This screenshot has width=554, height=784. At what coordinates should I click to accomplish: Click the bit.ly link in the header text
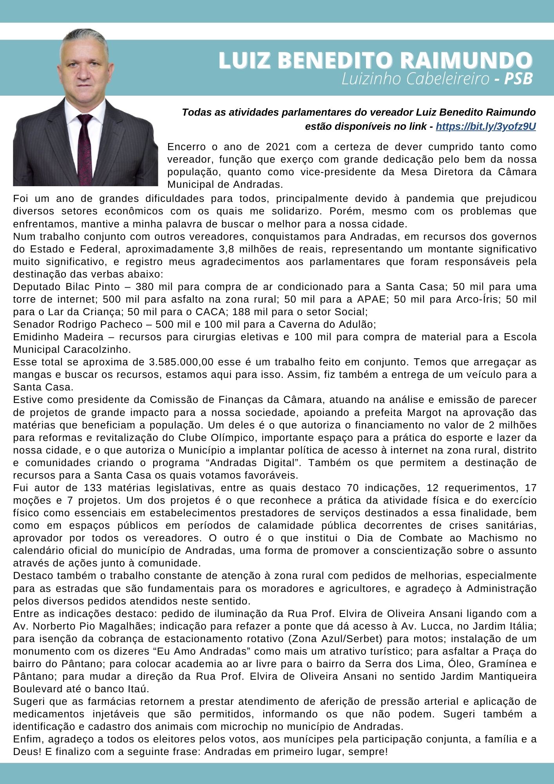pos(485,127)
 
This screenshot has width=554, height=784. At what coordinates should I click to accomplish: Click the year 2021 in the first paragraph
pos(278,147)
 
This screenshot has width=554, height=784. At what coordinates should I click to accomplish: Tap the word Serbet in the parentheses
pos(364,639)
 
